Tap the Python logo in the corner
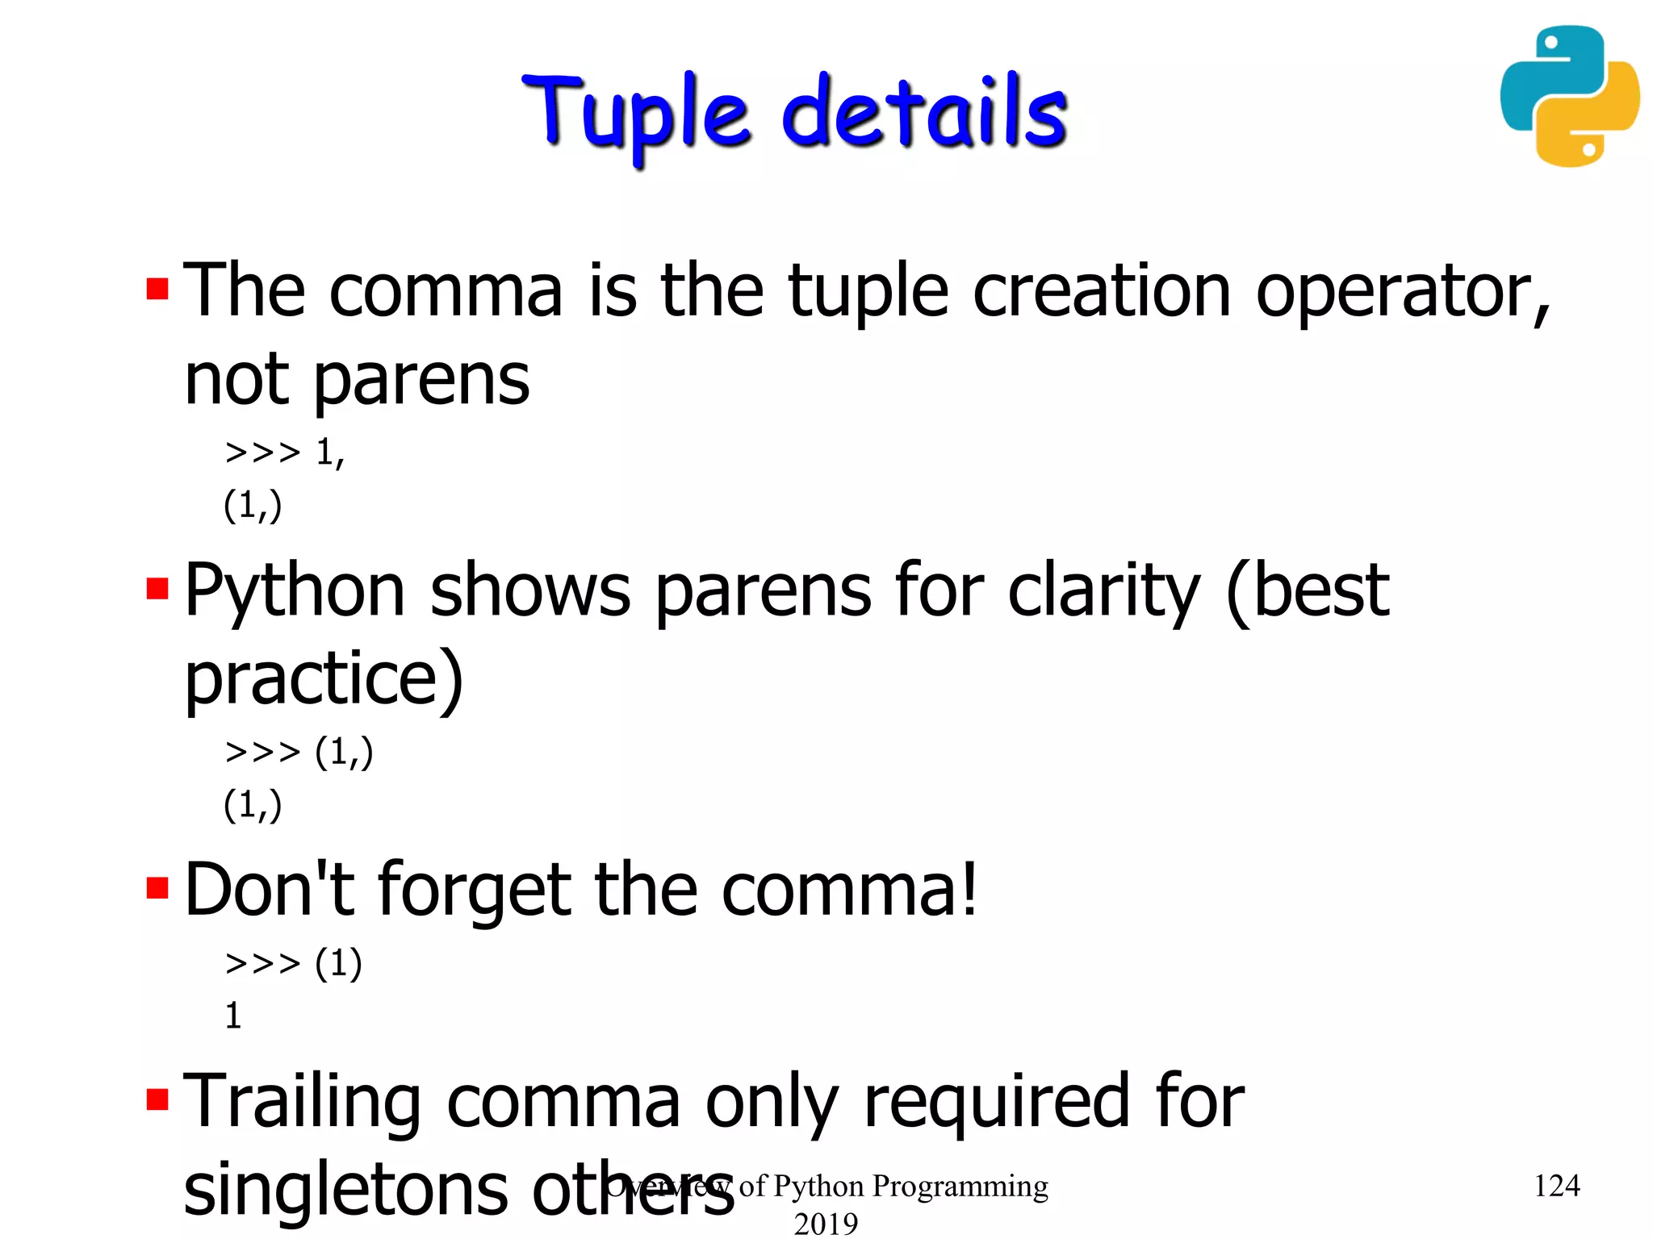click(x=1569, y=96)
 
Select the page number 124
click(x=1556, y=1186)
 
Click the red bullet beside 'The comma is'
click(x=157, y=289)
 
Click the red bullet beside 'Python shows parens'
click(x=157, y=589)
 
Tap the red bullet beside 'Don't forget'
click(x=157, y=888)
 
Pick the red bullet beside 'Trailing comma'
click(x=157, y=1099)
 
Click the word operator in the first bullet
click(x=1403, y=292)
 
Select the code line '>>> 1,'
click(x=285, y=453)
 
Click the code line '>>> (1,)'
click(x=299, y=752)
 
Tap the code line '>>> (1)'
click(x=293, y=963)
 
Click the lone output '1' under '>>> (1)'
click(x=233, y=1016)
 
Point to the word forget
click(x=474, y=891)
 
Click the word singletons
click(x=345, y=1191)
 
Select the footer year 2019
click(x=826, y=1224)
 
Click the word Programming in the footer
click(x=960, y=1186)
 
